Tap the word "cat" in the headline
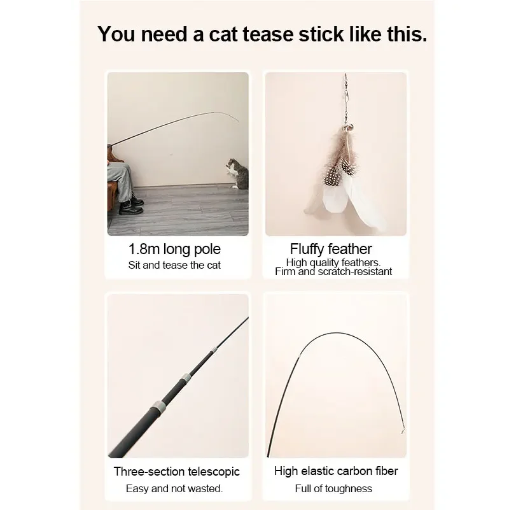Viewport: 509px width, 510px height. pyautogui.click(x=223, y=34)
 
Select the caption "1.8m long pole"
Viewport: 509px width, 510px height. pyautogui.click(x=174, y=249)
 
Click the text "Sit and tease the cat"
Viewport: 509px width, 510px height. pyautogui.click(x=174, y=265)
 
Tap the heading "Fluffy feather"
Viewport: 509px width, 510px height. pyautogui.click(x=331, y=249)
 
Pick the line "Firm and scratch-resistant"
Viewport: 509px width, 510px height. pyautogui.click(x=333, y=272)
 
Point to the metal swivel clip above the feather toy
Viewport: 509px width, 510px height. pyautogui.click(x=346, y=94)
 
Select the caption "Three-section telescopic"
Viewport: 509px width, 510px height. pyautogui.click(x=177, y=472)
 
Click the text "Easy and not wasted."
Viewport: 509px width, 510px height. pyautogui.click(x=174, y=488)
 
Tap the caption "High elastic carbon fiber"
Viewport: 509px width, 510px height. pyautogui.click(x=336, y=471)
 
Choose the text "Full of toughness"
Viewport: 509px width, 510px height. pyautogui.click(x=333, y=488)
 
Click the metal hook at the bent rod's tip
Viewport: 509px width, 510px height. pyautogui.click(x=403, y=430)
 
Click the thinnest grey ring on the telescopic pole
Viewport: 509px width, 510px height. pyautogui.click(x=214, y=351)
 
